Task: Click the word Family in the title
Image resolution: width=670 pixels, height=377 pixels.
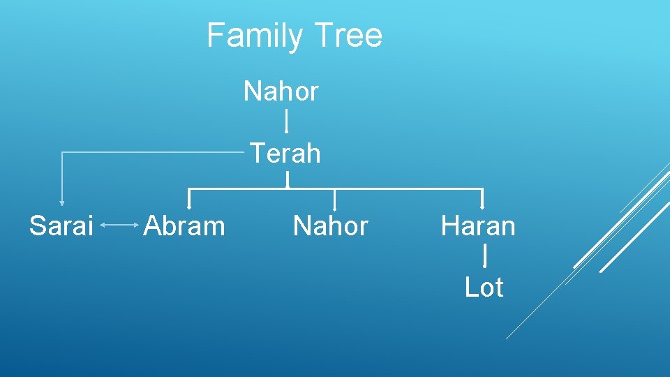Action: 254,36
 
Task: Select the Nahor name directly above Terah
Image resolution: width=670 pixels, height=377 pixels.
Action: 281,91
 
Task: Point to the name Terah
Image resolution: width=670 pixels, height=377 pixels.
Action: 285,153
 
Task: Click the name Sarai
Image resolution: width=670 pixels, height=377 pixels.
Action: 61,226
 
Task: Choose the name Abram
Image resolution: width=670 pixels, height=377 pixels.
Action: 184,226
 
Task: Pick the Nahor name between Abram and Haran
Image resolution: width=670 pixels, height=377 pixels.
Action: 331,226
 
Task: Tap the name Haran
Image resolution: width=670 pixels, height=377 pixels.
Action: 478,226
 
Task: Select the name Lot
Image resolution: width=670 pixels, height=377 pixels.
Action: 484,287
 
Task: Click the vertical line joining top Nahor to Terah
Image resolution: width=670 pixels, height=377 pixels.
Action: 286,121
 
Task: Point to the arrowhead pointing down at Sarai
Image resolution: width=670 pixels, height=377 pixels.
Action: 62,202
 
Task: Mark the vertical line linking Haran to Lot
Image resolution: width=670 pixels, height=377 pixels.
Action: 484,255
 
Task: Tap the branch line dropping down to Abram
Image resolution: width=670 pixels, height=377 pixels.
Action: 189,199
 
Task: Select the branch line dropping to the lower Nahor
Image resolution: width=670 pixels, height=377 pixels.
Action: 335,199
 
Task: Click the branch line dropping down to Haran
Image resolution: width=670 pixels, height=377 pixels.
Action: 482,199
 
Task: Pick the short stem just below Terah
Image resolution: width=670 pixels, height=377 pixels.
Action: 287,180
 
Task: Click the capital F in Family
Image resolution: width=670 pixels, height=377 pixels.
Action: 214,35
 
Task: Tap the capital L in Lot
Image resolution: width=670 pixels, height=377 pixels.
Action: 470,287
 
